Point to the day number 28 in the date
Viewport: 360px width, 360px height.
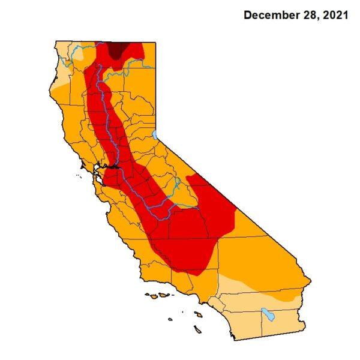[308, 16]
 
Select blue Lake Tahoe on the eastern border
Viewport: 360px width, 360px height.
[154, 134]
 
